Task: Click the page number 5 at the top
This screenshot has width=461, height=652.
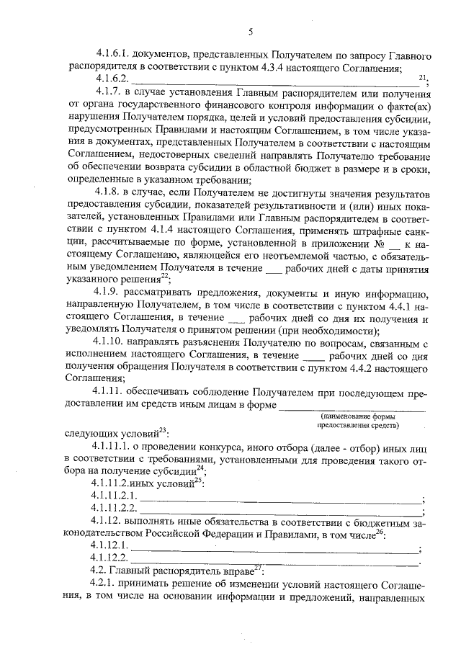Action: coord(250,31)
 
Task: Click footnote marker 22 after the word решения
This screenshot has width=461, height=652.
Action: coord(164,275)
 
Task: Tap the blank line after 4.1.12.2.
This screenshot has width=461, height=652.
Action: coord(274,562)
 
